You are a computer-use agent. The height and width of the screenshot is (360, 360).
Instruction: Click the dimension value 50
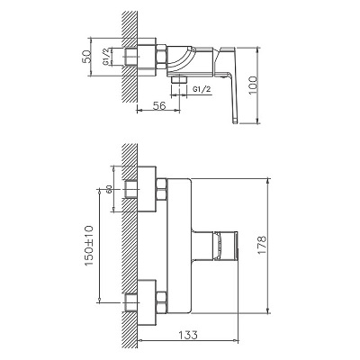coord(86,57)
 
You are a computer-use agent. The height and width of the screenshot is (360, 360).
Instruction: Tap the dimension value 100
coord(253,85)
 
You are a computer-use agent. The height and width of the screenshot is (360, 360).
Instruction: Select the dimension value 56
coord(159,105)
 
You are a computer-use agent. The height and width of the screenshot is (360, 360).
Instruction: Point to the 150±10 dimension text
coord(89,246)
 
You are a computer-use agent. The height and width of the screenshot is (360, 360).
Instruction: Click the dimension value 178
coord(262,245)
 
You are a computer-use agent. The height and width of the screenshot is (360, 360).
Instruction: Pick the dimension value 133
coord(189,335)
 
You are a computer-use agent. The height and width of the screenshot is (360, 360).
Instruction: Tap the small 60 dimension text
coord(109,189)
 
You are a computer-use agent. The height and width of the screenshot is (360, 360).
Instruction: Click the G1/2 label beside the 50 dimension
coord(106,56)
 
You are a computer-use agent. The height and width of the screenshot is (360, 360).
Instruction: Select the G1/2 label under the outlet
coord(202,89)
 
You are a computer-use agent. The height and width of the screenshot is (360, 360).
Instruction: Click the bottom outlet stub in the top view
coord(179,79)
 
